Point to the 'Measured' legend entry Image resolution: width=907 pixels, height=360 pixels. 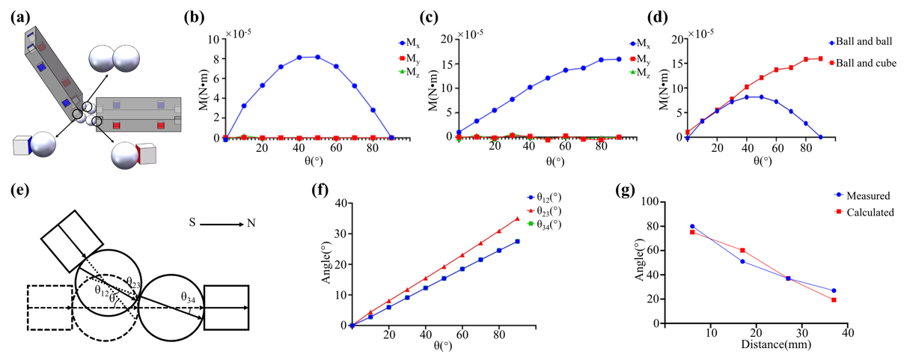pyautogui.click(x=865, y=196)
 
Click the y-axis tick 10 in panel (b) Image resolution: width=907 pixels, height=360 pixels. pyautogui.click(x=212, y=39)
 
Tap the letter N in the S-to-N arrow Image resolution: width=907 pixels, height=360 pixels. pyautogui.click(x=249, y=223)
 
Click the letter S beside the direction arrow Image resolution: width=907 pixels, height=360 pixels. pyautogui.click(x=193, y=223)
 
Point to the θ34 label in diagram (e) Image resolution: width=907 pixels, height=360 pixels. pyautogui.click(x=189, y=297)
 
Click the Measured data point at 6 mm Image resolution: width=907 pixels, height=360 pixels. pyautogui.click(x=692, y=226)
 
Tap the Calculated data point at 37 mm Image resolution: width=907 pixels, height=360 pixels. pyautogui.click(x=834, y=300)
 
